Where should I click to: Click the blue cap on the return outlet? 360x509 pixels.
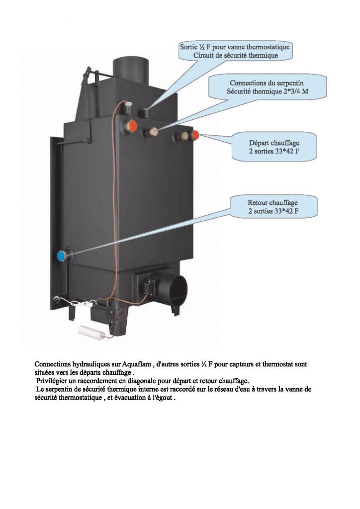point(62,256)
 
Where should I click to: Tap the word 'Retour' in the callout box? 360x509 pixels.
point(258,203)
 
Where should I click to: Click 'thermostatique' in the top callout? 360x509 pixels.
point(267,47)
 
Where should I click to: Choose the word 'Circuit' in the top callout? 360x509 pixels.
point(203,56)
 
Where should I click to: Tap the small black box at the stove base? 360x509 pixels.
point(102,313)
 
